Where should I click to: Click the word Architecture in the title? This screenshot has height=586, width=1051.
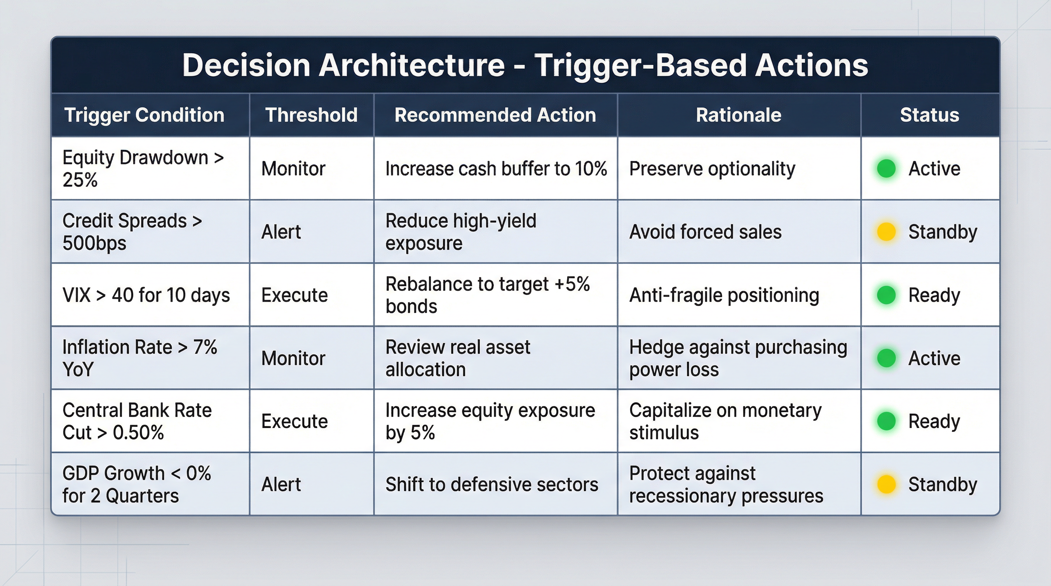(411, 65)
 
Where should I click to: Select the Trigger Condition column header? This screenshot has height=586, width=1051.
(144, 115)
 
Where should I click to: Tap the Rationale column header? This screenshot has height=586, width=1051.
(739, 115)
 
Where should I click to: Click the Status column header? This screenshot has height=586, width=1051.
(930, 115)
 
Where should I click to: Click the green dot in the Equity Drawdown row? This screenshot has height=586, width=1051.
(886, 168)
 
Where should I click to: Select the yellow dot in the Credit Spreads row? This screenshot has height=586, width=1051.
(886, 232)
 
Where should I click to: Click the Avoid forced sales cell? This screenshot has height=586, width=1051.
(705, 232)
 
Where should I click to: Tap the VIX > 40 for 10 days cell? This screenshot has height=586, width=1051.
(146, 295)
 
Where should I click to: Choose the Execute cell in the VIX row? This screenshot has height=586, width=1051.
(294, 295)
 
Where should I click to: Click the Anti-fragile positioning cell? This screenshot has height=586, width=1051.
(724, 295)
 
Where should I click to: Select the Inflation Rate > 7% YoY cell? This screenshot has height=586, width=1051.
(139, 358)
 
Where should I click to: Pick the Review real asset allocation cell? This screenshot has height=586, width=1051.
(458, 358)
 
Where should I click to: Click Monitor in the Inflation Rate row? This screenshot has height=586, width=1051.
(293, 358)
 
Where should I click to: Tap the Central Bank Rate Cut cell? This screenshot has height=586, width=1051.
(137, 421)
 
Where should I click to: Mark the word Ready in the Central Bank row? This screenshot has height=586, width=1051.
(934, 421)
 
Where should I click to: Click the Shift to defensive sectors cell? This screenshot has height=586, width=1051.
(491, 484)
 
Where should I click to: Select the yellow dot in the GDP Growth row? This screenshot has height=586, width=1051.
(886, 484)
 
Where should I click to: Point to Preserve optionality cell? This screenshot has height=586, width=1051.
(712, 168)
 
